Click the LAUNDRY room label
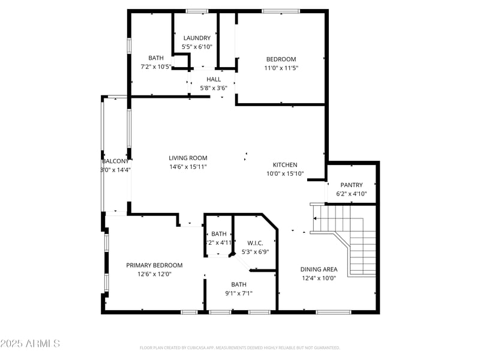coord(197,38)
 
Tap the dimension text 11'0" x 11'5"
coord(281,68)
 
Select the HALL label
coord(214,79)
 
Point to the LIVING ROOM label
coord(188,158)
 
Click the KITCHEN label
coord(285,165)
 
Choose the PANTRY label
coord(352,185)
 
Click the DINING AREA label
coord(319,269)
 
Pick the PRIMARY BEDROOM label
coord(154,265)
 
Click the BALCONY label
coord(115,161)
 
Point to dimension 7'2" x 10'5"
coord(155,67)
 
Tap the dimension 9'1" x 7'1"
coord(239,293)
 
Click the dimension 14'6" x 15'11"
coord(188,167)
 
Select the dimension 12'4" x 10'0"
coord(319,278)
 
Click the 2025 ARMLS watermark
coord(30,344)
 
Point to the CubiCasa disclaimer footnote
coord(240,347)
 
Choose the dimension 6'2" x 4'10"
coord(352,194)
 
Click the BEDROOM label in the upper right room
coord(281,59)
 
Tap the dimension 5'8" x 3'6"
coord(214,88)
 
